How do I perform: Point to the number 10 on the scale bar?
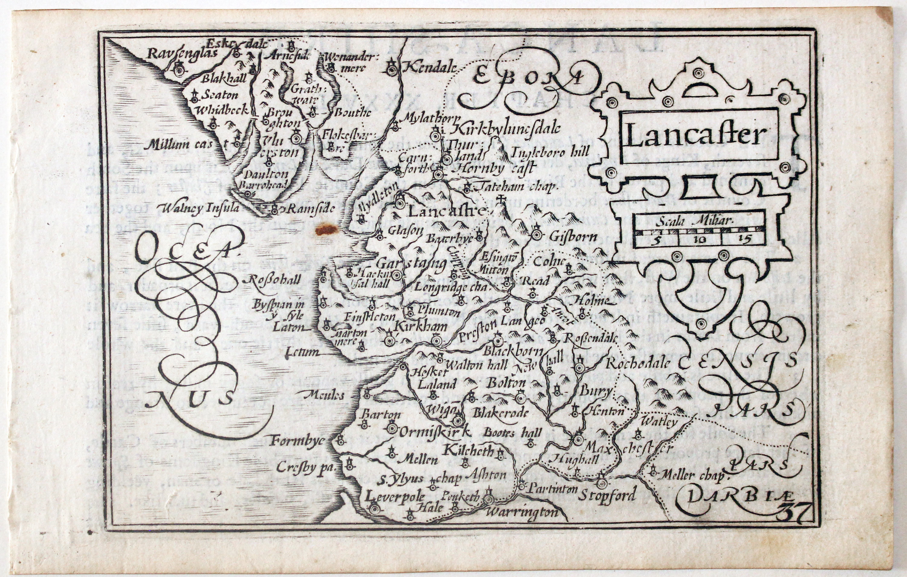[700, 240]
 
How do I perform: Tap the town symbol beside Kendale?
[392, 70]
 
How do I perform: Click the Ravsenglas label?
[182, 53]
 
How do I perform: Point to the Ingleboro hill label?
[550, 152]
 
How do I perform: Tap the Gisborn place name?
[573, 237]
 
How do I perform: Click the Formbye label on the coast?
[297, 440]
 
